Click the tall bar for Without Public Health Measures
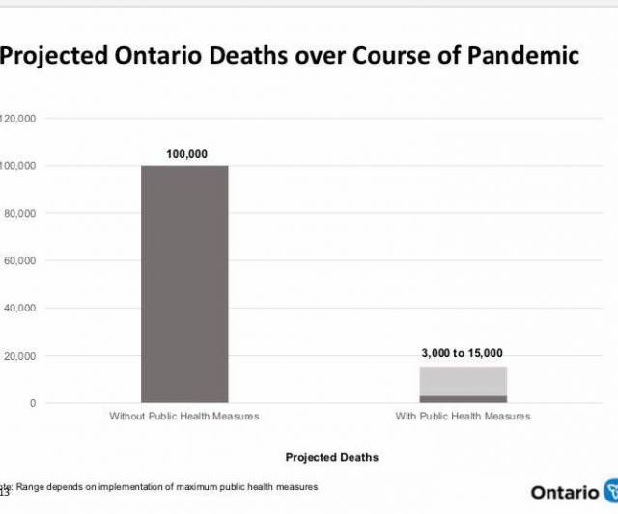(184, 284)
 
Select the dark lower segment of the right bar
(463, 398)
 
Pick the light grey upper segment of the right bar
(463, 381)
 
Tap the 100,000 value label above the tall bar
(186, 154)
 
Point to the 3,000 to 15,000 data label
(463, 353)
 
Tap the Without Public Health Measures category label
(184, 417)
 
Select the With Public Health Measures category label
(463, 417)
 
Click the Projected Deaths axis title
(332, 457)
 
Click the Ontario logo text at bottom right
(564, 492)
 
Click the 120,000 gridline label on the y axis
(17, 119)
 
